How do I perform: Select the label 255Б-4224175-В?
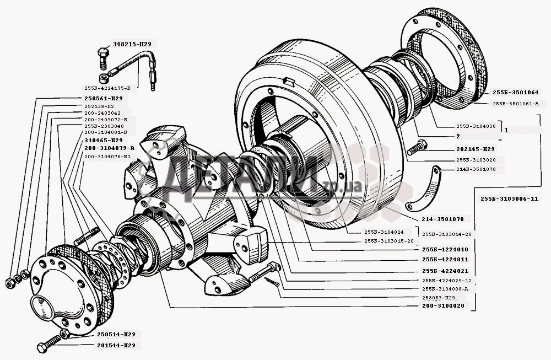pos(107,88)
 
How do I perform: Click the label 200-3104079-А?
pos(110,148)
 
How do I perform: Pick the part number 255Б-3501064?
pos(515,92)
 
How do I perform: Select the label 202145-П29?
pos(475,149)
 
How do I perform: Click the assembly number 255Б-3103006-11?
pos(509,198)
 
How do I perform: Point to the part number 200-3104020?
pos(442,305)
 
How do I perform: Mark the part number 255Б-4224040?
pos(445,249)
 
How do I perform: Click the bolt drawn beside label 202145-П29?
pos(417,148)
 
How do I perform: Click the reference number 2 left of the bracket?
pos(458,136)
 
